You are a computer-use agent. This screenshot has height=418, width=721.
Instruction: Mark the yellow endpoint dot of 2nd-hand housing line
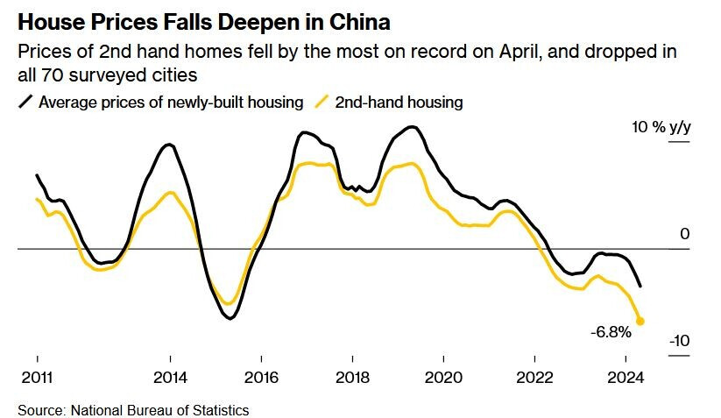pyautogui.click(x=640, y=322)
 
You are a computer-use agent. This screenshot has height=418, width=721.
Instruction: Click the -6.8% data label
pyautogui.click(x=611, y=333)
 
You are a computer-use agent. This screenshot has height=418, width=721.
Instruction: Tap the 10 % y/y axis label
pyautogui.click(x=661, y=128)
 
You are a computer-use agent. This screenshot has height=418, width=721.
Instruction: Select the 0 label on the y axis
pyautogui.click(x=685, y=235)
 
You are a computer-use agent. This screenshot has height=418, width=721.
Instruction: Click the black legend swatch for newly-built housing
pyautogui.click(x=26, y=103)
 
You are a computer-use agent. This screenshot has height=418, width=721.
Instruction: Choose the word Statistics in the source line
pyautogui.click(x=220, y=409)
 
